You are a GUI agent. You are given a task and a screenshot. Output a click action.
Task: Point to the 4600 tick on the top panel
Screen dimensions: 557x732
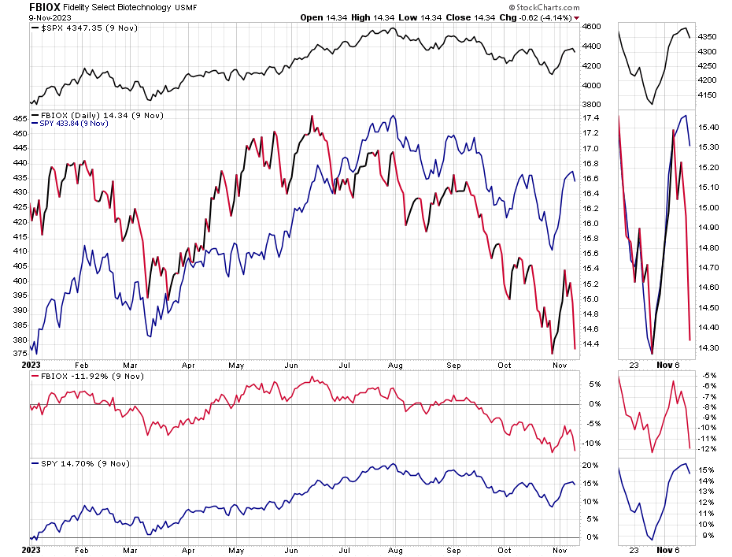click(x=592, y=27)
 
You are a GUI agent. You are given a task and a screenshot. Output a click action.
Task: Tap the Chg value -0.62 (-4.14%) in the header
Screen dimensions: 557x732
click(x=544, y=17)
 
